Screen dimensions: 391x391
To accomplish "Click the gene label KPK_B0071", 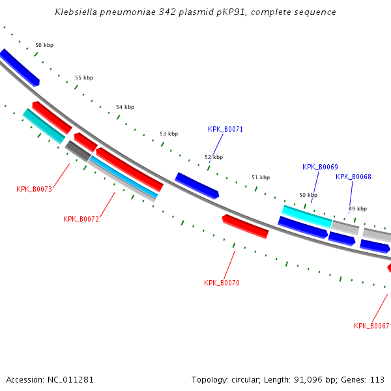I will (225, 129).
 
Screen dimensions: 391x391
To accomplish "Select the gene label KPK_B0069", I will (320, 167).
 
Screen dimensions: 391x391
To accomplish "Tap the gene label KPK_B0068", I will (353, 177).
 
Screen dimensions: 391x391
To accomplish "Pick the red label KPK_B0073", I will (34, 189).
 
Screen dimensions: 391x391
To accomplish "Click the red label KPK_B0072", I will (81, 219).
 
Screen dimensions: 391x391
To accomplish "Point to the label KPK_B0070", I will (222, 283).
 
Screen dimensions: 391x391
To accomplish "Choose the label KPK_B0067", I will (371, 326).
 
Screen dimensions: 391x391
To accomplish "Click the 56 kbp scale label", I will (44, 45).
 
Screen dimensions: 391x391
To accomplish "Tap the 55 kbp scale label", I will (84, 78).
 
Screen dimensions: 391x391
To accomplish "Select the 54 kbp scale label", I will (125, 107).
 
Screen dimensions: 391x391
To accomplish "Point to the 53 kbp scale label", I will (169, 134).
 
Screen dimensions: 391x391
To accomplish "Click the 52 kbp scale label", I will (214, 157).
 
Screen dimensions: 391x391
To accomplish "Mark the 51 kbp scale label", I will (261, 177).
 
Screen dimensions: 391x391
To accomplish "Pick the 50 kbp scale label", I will (308, 195).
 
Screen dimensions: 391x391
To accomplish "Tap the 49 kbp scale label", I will (358, 209).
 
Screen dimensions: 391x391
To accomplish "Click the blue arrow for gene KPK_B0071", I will (197, 186).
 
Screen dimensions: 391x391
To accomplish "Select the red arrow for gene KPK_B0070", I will (246, 226).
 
